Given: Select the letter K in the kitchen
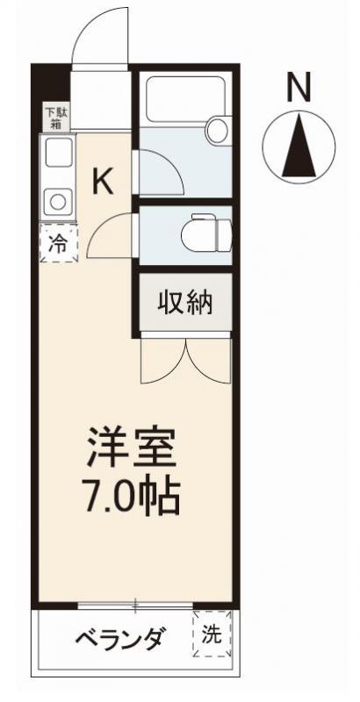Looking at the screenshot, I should coord(104,182).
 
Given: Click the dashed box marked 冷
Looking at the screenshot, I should coord(57,244).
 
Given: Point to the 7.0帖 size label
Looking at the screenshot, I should coord(132,497).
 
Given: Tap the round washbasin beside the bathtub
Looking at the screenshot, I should coord(216,133).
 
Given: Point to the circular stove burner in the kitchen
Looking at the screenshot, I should coord(57,201).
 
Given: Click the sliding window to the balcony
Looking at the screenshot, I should coord(136,605).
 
